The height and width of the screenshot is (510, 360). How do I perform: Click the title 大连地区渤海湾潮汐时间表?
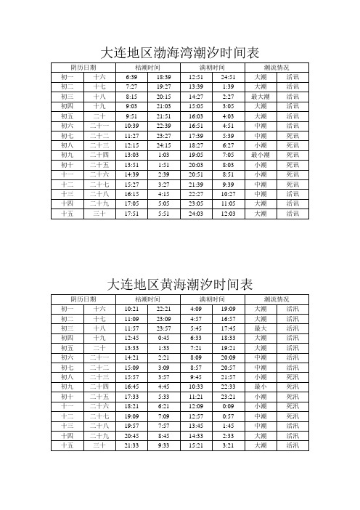(x=179, y=53)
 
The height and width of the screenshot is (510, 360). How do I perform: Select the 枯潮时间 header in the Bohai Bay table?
(x=148, y=67)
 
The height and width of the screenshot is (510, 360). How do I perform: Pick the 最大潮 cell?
(x=261, y=96)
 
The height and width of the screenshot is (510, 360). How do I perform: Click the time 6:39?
(x=132, y=76)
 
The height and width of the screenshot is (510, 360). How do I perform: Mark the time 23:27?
(x=164, y=135)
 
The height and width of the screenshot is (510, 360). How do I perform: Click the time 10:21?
(x=132, y=309)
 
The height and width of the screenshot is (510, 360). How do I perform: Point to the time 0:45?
(x=164, y=338)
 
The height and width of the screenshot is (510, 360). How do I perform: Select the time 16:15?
(x=132, y=194)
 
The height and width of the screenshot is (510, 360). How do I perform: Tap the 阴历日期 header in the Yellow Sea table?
(x=83, y=299)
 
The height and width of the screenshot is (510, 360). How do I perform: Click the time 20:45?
(x=132, y=435)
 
